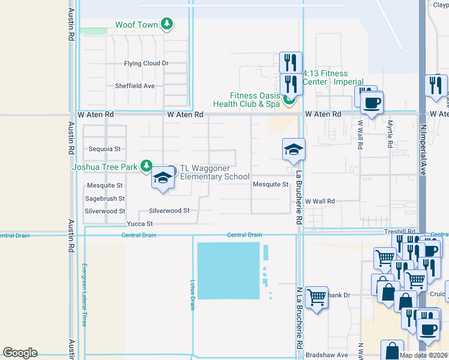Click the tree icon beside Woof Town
167,25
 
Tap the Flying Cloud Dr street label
146,64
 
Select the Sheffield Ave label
135,86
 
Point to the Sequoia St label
105,149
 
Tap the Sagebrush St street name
105,199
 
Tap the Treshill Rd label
400,231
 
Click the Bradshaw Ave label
327,355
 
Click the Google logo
20,353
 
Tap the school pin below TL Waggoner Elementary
161,178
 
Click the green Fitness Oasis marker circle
289,100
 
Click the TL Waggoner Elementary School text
215,172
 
